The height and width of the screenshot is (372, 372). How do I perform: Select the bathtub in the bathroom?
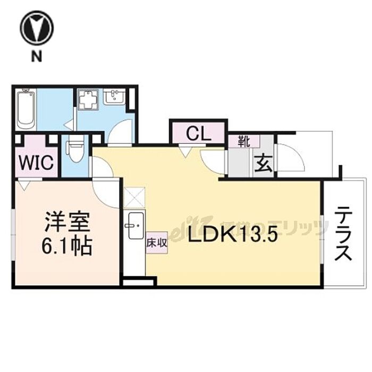pyautogui.click(x=26, y=109)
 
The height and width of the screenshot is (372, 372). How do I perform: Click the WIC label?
pyautogui.click(x=36, y=163)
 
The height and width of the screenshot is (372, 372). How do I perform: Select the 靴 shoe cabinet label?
pyautogui.click(x=244, y=142)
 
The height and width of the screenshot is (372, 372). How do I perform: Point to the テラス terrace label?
pyautogui.click(x=343, y=234)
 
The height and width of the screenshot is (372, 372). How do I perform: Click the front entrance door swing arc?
pyautogui.click(x=290, y=157)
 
